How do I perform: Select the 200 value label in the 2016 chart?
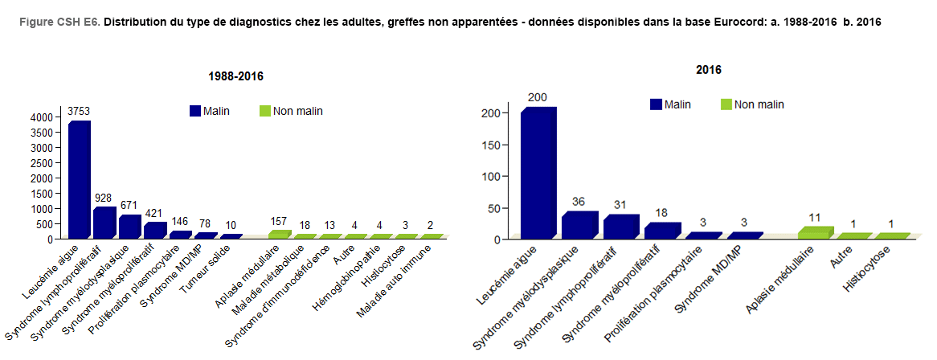point(538,97)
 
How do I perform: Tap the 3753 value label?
point(79,110)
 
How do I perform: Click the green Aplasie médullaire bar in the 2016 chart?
point(815,233)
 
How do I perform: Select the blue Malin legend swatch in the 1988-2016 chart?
point(195,111)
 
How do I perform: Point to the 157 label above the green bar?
point(279,221)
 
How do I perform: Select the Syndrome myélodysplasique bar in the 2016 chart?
point(579,225)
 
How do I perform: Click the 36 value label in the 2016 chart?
point(579,202)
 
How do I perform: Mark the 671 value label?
point(129,206)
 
